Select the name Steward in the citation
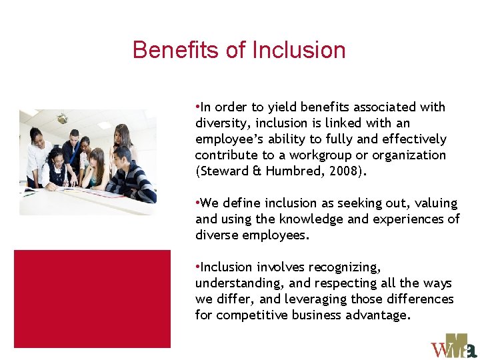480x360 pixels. point(221,171)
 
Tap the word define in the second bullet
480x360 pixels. point(241,203)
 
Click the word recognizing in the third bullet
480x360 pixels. point(345,267)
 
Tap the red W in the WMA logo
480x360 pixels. point(442,350)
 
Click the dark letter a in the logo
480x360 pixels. point(471,351)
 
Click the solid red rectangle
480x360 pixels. point(92,299)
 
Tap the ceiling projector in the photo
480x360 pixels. point(62,119)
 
